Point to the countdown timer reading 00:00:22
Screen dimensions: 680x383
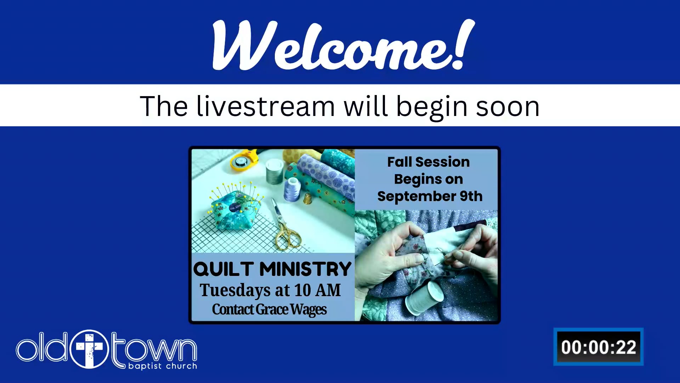[x=599, y=347]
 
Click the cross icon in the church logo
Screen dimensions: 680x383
[x=89, y=349]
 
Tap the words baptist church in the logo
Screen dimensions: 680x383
[x=163, y=366]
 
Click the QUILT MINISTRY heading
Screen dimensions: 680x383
[x=272, y=269]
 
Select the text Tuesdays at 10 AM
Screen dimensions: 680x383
[x=270, y=290]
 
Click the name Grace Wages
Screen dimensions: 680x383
[x=291, y=310]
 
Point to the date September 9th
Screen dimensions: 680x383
[x=430, y=196]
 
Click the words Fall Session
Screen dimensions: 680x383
[x=429, y=162]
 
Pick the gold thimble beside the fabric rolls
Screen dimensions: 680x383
[x=308, y=199]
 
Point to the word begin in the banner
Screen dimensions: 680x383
[x=432, y=107]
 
